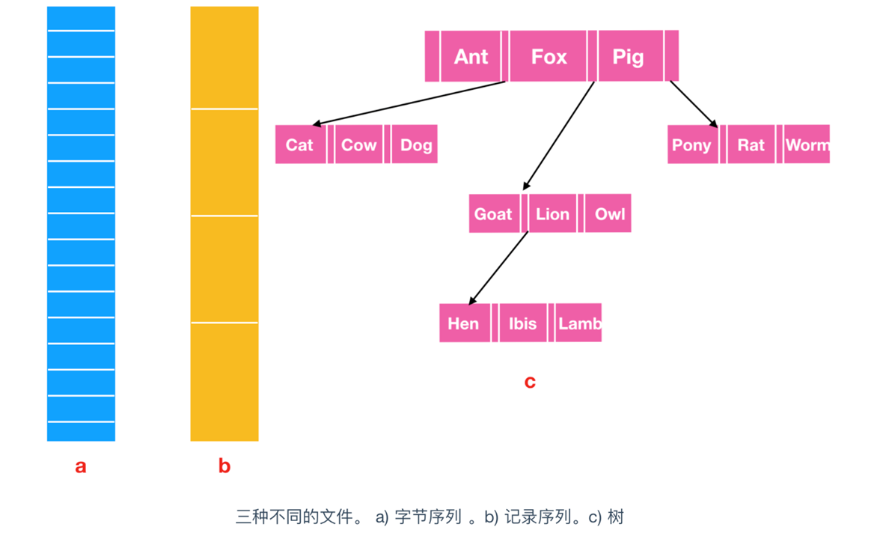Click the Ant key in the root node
click(471, 56)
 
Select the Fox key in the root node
click(549, 56)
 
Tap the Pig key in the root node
click(628, 56)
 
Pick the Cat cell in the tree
click(300, 144)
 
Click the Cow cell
click(358, 144)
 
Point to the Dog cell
click(415, 144)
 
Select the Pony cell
click(691, 144)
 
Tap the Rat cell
click(751, 144)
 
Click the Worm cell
click(807, 144)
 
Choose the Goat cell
click(493, 214)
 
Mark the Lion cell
click(552, 214)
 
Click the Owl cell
click(609, 214)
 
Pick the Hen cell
click(463, 323)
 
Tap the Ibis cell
click(522, 323)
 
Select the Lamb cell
click(579, 323)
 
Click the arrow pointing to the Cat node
click(408, 103)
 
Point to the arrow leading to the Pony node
click(694, 104)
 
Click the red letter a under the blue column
click(81, 466)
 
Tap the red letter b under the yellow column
click(224, 466)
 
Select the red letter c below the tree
click(530, 382)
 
